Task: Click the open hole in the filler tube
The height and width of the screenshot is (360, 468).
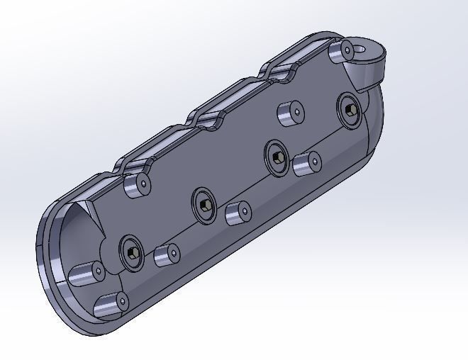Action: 366,50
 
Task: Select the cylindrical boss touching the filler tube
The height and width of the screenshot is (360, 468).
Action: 343,50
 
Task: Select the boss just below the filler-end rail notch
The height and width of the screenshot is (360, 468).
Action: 289,113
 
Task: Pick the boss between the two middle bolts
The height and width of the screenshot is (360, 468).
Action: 238,213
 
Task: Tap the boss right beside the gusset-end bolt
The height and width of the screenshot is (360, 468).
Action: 167,254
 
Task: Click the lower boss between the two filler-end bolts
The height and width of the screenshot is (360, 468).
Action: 307,164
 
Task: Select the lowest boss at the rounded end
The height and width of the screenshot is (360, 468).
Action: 111,304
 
